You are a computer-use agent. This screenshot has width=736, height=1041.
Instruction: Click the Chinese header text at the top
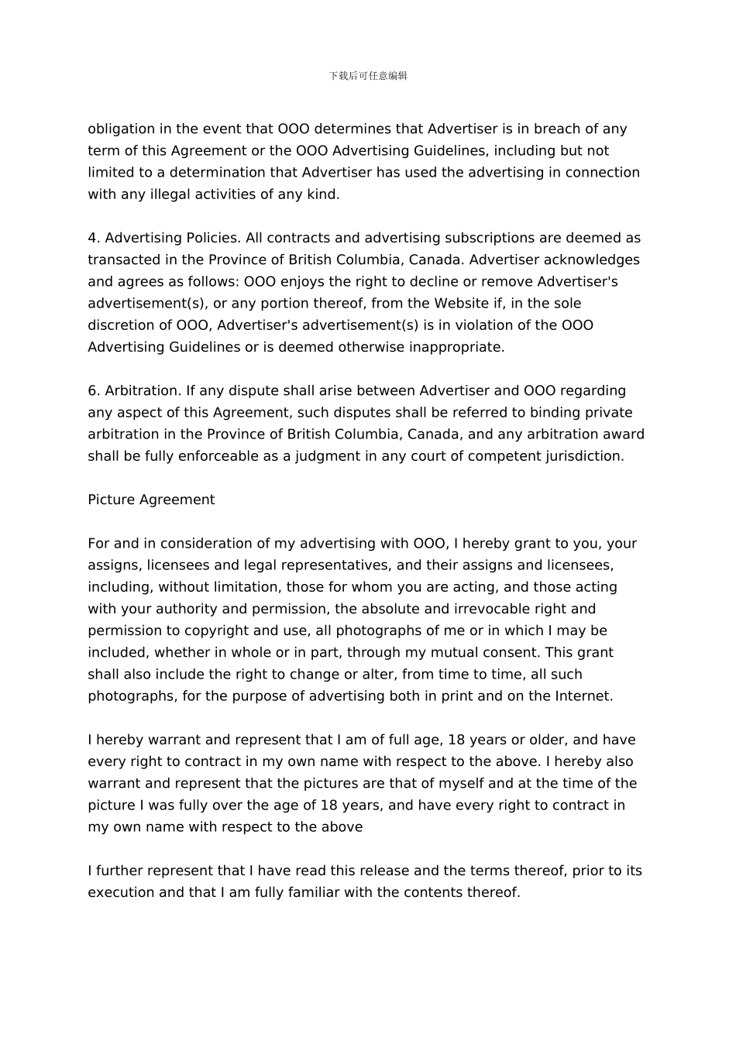(368, 76)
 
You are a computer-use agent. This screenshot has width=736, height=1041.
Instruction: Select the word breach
(560, 129)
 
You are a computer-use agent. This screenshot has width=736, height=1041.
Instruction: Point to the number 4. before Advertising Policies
(94, 238)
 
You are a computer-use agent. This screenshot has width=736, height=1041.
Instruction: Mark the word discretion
(122, 325)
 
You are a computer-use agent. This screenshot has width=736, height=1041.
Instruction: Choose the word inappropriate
(457, 347)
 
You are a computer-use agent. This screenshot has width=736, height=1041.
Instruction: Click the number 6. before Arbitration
(94, 390)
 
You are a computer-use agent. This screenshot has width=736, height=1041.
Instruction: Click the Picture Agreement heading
(151, 500)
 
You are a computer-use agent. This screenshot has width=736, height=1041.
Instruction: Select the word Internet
(583, 696)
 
